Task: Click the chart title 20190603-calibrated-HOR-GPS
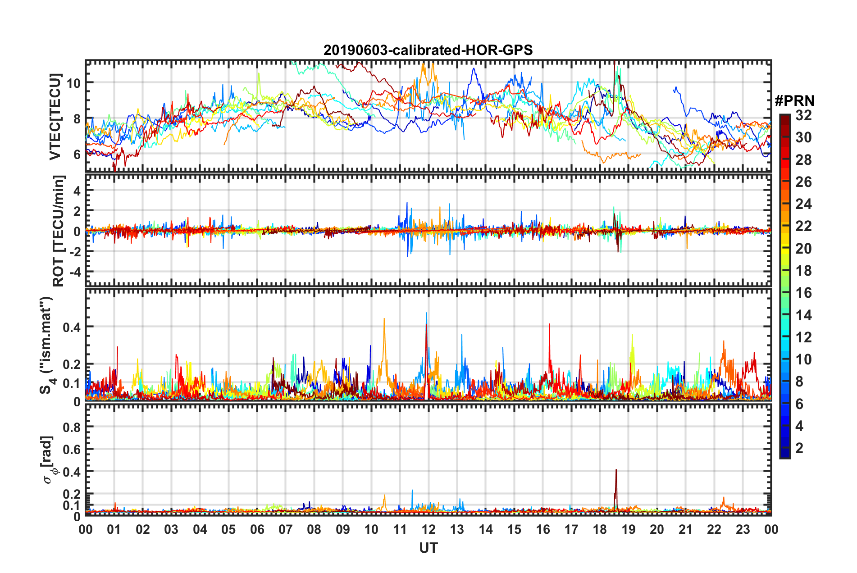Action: click(x=428, y=50)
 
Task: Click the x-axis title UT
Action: click(x=428, y=548)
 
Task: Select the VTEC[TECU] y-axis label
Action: click(x=55, y=117)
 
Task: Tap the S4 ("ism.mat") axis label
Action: click(x=46, y=345)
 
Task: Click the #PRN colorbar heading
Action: click(x=794, y=100)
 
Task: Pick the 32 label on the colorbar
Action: click(x=803, y=115)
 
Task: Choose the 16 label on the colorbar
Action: click(x=803, y=293)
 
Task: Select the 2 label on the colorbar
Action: click(x=800, y=448)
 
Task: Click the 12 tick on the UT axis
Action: click(x=428, y=529)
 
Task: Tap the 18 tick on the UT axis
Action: click(x=600, y=529)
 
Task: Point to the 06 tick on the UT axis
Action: click(x=257, y=529)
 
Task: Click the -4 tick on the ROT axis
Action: click(x=74, y=272)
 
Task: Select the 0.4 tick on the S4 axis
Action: click(x=72, y=327)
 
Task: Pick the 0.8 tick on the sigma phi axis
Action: click(x=72, y=427)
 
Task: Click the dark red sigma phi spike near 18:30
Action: click(x=616, y=471)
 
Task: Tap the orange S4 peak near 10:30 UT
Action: click(x=384, y=320)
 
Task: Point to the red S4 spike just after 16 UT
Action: click(x=549, y=325)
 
